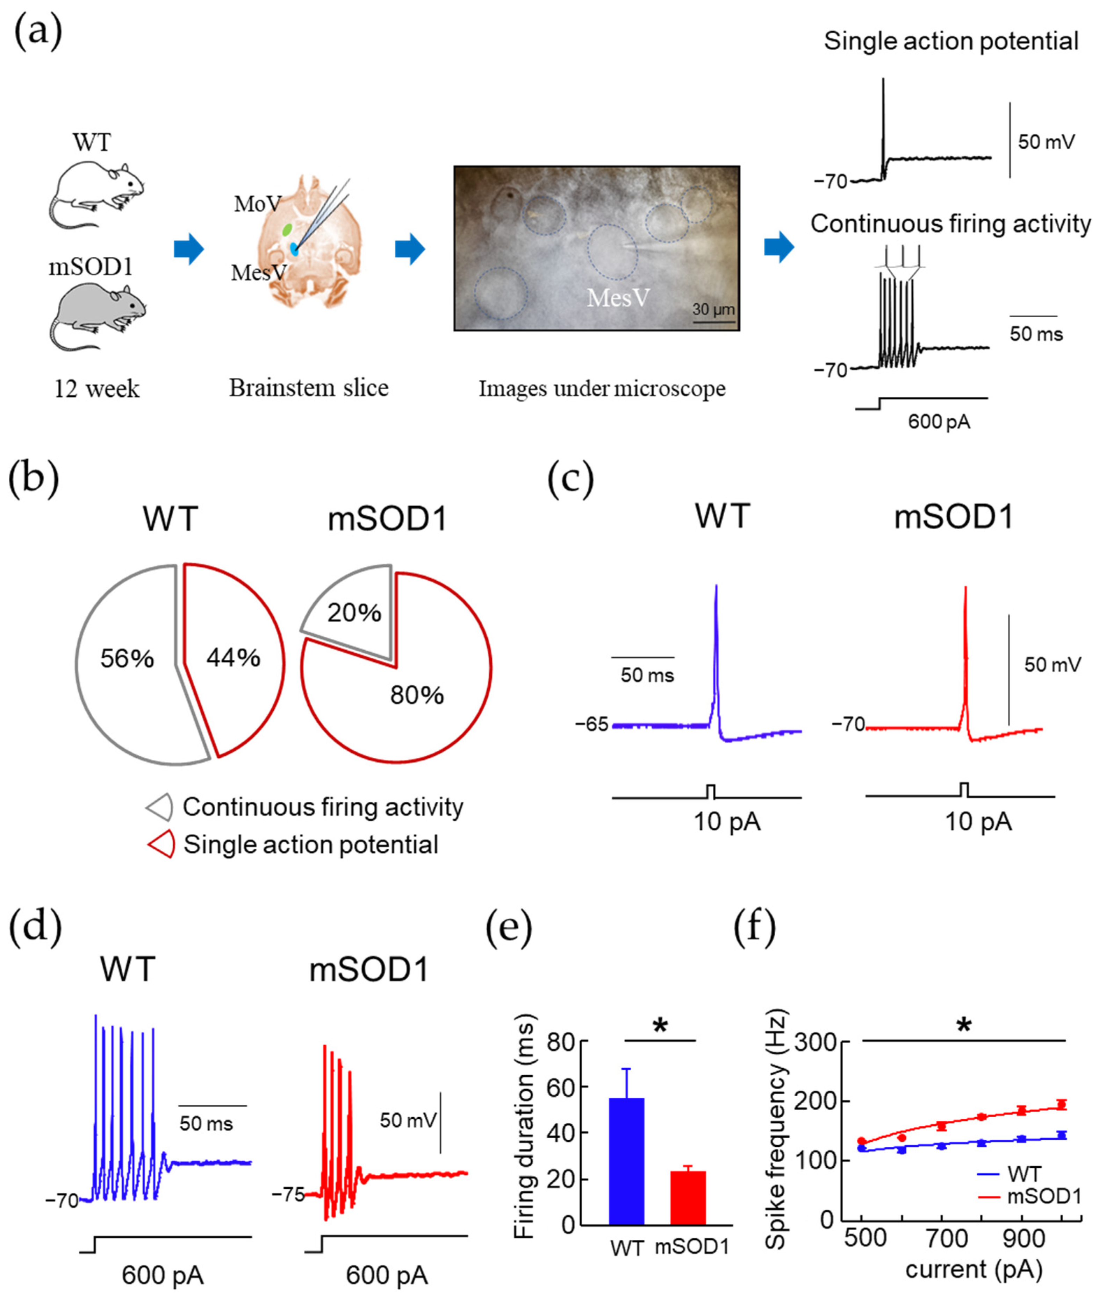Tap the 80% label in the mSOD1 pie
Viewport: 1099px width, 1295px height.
417,695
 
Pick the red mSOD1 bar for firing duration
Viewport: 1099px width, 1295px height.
688,1197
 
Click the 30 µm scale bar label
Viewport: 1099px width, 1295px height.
713,309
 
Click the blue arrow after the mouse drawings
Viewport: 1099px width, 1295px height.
189,249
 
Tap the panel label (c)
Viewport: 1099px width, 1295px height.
570,480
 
